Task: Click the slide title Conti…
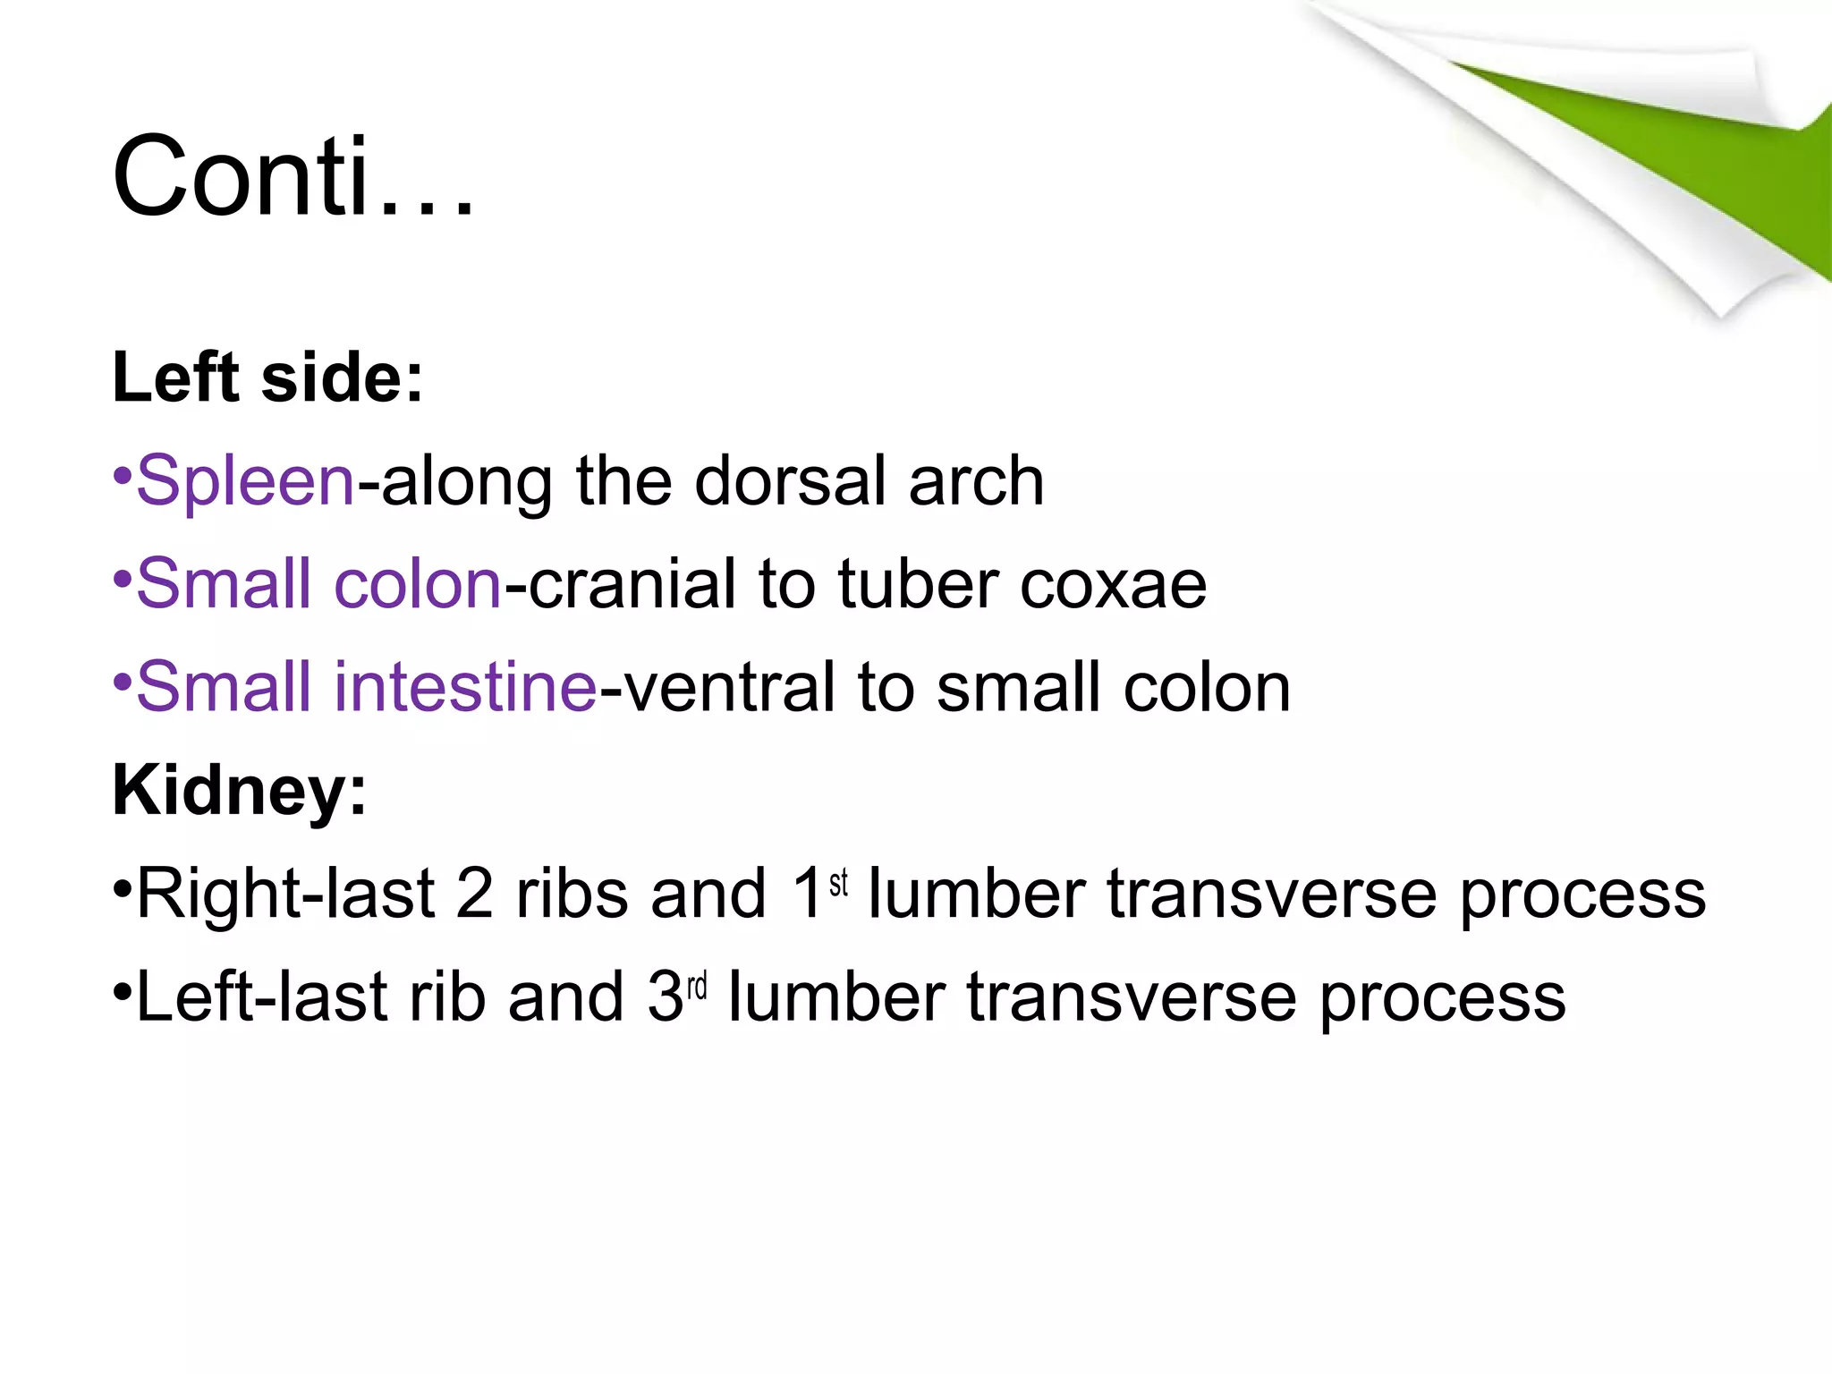293,176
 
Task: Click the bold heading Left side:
267,377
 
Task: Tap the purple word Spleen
246,482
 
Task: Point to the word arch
977,480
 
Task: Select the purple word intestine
465,687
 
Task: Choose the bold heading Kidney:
239,791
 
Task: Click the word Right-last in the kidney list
285,894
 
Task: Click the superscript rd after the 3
697,986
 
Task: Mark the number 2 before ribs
474,894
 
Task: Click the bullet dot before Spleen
123,474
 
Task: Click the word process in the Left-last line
1442,998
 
